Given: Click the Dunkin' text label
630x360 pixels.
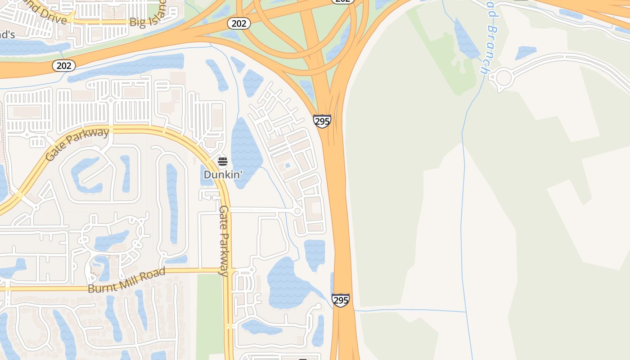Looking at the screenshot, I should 223,174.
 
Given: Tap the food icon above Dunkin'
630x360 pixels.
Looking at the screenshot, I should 222,162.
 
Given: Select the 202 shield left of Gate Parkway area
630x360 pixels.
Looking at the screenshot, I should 64,66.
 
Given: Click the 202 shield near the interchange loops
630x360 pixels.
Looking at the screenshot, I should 238,23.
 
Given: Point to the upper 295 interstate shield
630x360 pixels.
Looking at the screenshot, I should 322,121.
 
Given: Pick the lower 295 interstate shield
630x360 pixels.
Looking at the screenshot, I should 341,300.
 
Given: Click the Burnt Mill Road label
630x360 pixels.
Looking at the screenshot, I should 126,280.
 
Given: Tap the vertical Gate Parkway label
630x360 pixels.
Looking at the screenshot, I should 224,240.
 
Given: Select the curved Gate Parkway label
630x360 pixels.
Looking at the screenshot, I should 77,144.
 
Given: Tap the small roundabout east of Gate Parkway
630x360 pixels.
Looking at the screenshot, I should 297,211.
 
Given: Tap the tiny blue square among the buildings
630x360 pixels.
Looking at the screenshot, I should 288,166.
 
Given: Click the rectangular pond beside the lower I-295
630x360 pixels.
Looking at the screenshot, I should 315,254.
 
